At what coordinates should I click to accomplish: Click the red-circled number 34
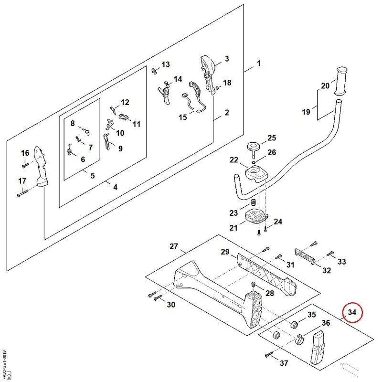click(x=352, y=312)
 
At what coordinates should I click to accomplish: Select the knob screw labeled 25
click(x=253, y=149)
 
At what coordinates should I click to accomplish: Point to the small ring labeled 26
click(x=254, y=162)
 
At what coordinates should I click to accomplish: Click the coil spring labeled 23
click(x=254, y=202)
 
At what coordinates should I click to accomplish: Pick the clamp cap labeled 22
click(x=255, y=173)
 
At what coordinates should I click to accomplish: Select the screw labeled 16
click(x=25, y=165)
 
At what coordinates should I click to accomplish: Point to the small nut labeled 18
click(x=218, y=87)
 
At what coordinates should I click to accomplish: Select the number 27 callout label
click(x=174, y=246)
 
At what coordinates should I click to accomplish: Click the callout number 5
click(x=93, y=175)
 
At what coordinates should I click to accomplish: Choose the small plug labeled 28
click(x=253, y=284)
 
